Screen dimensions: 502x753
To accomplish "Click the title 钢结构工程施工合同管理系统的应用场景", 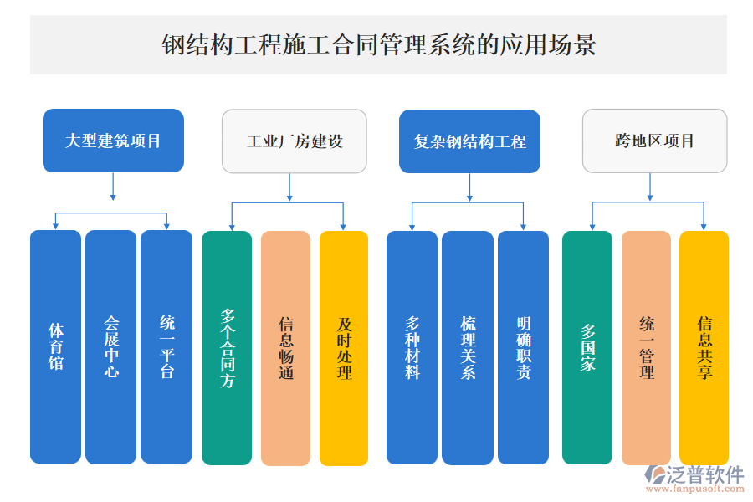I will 378,44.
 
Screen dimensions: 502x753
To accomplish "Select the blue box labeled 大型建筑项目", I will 113,141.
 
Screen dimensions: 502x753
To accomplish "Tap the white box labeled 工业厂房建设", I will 294,141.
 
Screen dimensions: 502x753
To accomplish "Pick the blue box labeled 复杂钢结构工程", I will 469,141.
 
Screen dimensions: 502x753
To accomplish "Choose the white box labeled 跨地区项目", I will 654,141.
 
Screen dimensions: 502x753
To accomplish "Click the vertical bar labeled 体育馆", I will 55,346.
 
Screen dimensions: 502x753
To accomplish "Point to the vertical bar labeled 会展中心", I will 110,346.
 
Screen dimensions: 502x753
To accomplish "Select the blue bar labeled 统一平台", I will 166,346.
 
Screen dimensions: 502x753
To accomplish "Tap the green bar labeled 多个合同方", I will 227,347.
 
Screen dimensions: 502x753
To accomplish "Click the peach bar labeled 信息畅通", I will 285,347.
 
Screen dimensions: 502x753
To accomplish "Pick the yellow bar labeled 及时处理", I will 344,347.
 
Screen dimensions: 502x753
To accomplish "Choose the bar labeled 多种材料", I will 412,347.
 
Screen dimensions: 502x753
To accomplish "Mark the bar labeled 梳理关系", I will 468,347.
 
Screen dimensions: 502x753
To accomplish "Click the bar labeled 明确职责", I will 523,347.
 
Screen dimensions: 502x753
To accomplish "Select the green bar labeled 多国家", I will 587,347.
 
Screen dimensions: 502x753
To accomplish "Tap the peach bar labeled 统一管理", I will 646,347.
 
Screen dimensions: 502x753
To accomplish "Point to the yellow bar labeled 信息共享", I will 704,347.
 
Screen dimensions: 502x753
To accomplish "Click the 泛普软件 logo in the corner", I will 695,479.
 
